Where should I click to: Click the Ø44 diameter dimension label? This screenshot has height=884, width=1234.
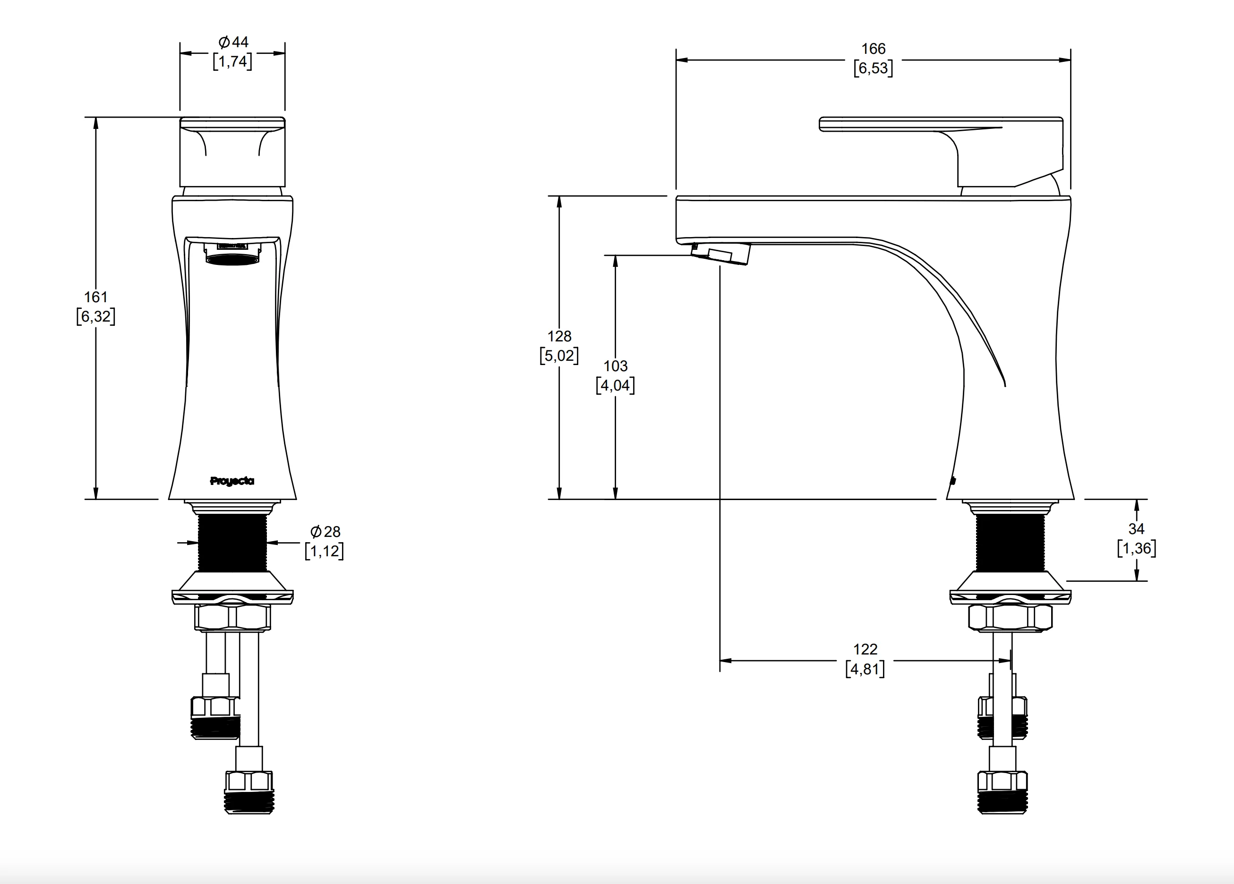(233, 42)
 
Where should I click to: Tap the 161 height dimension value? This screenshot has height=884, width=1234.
(96, 297)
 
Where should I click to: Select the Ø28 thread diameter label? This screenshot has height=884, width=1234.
(325, 532)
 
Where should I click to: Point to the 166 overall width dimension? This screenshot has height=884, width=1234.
(873, 49)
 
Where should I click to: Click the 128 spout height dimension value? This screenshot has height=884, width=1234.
(559, 336)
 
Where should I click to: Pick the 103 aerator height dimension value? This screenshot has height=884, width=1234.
(616, 366)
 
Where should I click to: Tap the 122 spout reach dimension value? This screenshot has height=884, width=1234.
(865, 649)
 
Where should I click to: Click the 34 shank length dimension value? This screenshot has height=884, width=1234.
(1136, 529)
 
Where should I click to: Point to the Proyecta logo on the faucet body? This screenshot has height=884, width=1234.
(232, 481)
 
